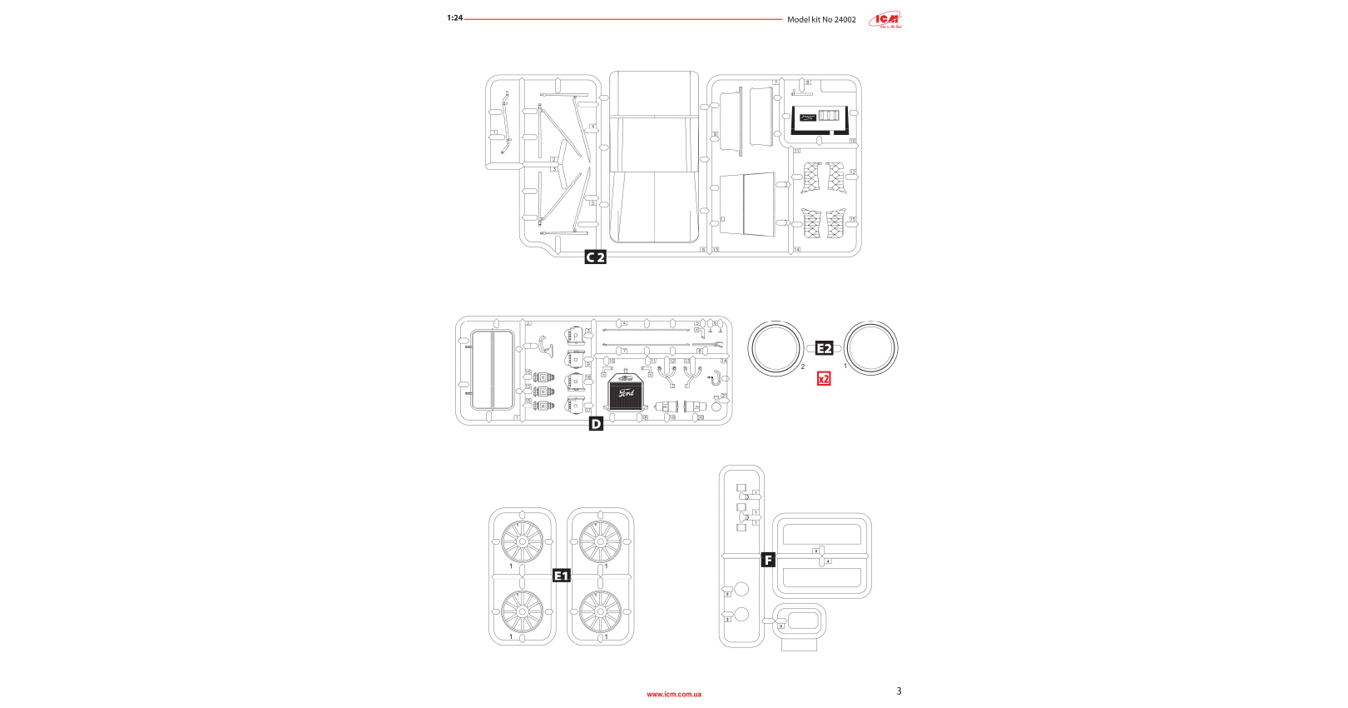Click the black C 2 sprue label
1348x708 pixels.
coord(595,257)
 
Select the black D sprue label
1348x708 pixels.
coord(596,424)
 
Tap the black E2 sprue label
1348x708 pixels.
coord(824,348)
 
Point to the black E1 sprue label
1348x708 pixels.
coord(562,576)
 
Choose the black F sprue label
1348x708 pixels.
coord(768,560)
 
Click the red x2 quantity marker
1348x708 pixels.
coord(824,379)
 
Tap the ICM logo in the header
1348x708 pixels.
coord(885,20)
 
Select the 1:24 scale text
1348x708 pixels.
coord(454,18)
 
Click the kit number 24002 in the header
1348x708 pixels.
coord(845,20)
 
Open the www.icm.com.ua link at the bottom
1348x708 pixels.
coord(674,694)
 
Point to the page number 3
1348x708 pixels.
coord(899,691)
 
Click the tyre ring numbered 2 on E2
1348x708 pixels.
coord(776,349)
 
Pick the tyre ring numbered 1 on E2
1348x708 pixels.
coord(871,349)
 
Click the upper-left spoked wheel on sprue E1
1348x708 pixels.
coord(523,541)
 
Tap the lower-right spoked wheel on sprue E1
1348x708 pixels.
coord(600,611)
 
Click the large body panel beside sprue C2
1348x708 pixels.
coord(654,157)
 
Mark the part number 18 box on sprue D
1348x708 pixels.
coord(644,417)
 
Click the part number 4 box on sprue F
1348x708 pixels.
coord(828,561)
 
